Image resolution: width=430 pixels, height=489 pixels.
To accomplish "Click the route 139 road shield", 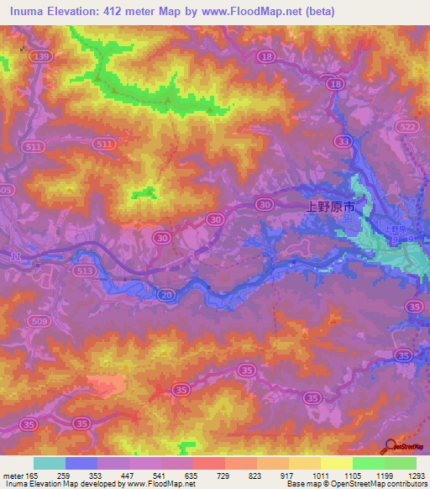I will pos(39,55).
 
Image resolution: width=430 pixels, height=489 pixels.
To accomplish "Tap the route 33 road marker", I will pos(342,141).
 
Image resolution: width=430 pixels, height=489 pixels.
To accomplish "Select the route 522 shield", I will pos(408,126).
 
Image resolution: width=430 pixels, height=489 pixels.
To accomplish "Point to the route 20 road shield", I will pos(166,294).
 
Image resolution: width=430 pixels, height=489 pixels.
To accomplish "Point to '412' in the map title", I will pos(123,11).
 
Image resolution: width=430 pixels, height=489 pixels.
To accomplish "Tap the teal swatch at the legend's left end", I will pos(49,463).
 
